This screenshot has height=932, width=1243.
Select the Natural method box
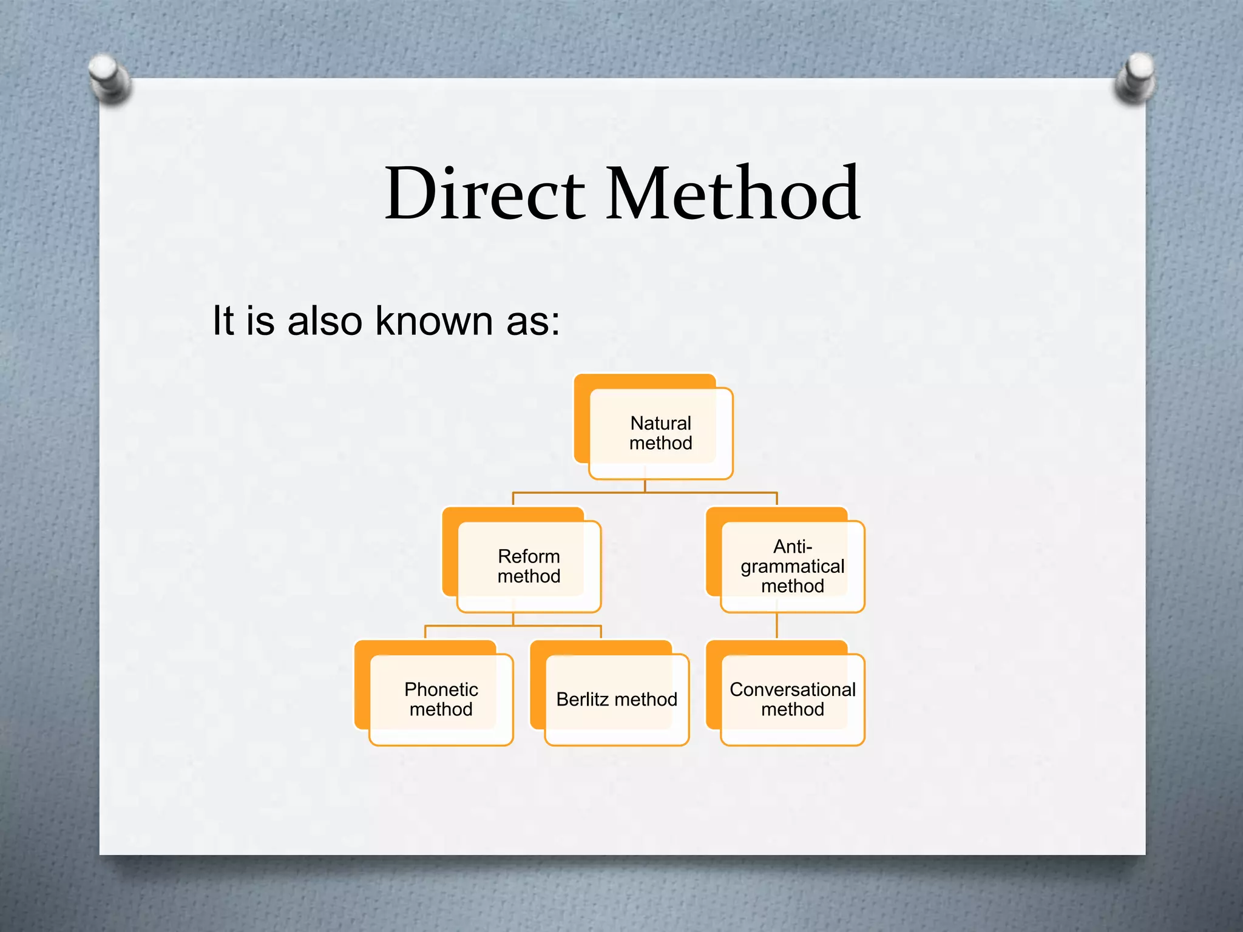[660, 433]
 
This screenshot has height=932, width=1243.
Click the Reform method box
[529, 566]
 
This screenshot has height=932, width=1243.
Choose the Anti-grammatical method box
[792, 566]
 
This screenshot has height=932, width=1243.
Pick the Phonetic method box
[441, 700]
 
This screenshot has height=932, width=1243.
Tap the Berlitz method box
[617, 700]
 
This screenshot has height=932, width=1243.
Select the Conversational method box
[792, 700]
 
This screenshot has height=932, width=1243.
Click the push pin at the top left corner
[109, 78]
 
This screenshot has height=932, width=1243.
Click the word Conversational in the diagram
[792, 690]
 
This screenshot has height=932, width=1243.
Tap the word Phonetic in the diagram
[441, 690]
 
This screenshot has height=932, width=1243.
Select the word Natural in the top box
[660, 423]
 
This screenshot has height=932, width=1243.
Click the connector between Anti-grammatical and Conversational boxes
[777, 626]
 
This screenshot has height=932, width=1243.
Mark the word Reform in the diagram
[529, 556]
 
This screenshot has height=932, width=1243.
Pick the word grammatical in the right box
[792, 567]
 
